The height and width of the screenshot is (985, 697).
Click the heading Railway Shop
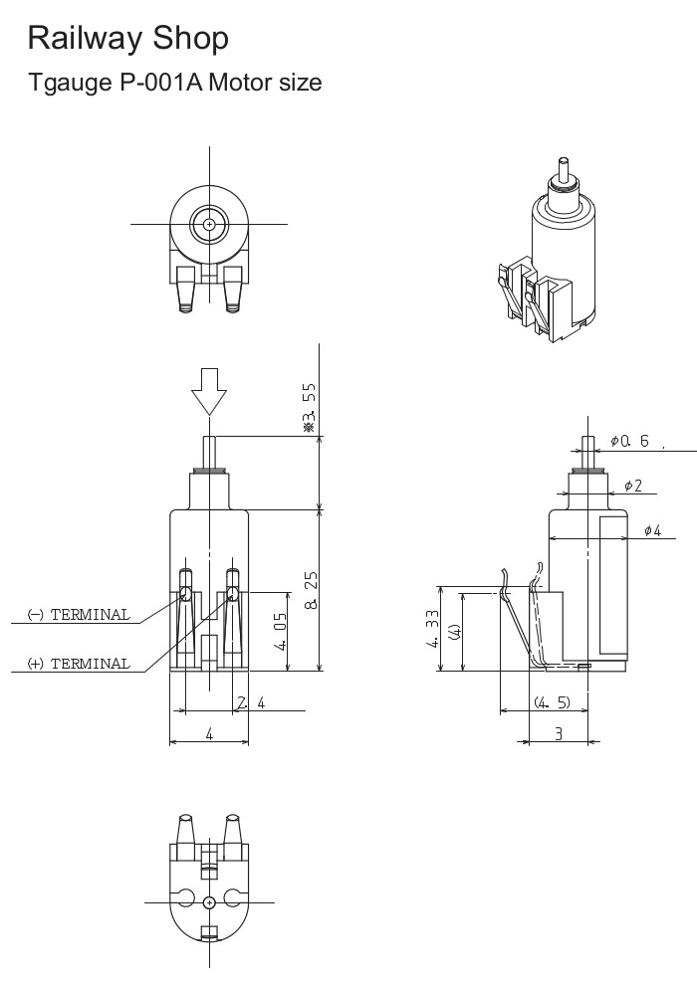[128, 39]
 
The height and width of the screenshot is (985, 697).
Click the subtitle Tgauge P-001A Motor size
[175, 83]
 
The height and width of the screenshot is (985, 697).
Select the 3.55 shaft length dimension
[309, 407]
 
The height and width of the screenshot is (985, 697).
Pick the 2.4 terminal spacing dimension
[250, 703]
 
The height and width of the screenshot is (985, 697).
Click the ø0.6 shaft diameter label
[629, 441]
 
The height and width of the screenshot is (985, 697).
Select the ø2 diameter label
[633, 486]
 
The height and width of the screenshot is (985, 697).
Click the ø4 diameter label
[652, 530]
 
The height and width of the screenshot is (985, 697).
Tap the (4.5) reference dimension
[551, 702]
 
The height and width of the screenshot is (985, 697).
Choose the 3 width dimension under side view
[559, 733]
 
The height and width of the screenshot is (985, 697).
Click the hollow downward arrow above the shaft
[209, 390]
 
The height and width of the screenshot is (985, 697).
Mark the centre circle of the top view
[209, 224]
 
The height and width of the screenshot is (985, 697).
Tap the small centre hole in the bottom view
[209, 901]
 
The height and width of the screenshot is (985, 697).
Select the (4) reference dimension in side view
[454, 632]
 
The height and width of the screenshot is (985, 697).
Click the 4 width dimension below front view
[209, 733]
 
